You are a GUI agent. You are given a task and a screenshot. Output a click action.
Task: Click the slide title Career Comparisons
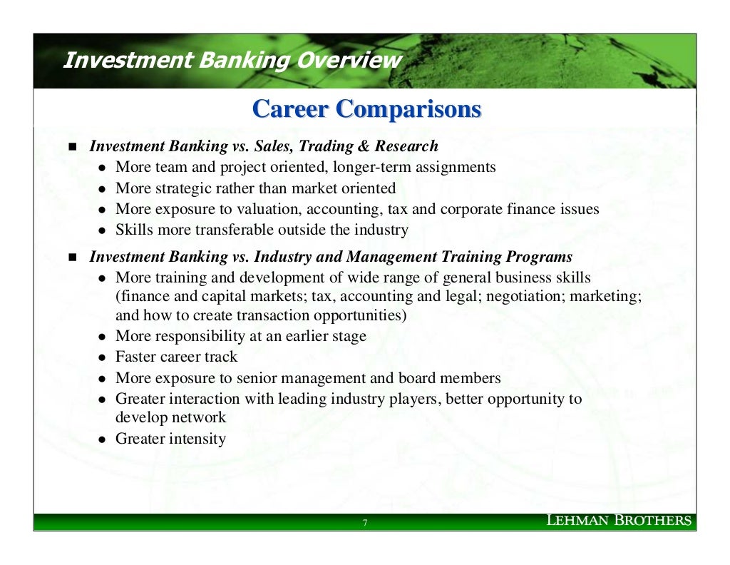click(366, 109)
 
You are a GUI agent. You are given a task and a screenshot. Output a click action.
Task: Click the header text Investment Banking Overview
click(232, 60)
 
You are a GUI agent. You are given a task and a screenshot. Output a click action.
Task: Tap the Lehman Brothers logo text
click(618, 520)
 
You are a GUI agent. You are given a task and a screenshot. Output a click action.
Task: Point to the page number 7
click(365, 524)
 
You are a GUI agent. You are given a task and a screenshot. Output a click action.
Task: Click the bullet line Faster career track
click(176, 357)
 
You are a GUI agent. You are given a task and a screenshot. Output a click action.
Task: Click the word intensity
click(197, 439)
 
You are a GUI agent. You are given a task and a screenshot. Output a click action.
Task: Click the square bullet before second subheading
click(71, 257)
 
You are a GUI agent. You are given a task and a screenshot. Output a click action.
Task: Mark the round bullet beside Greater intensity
click(103, 439)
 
